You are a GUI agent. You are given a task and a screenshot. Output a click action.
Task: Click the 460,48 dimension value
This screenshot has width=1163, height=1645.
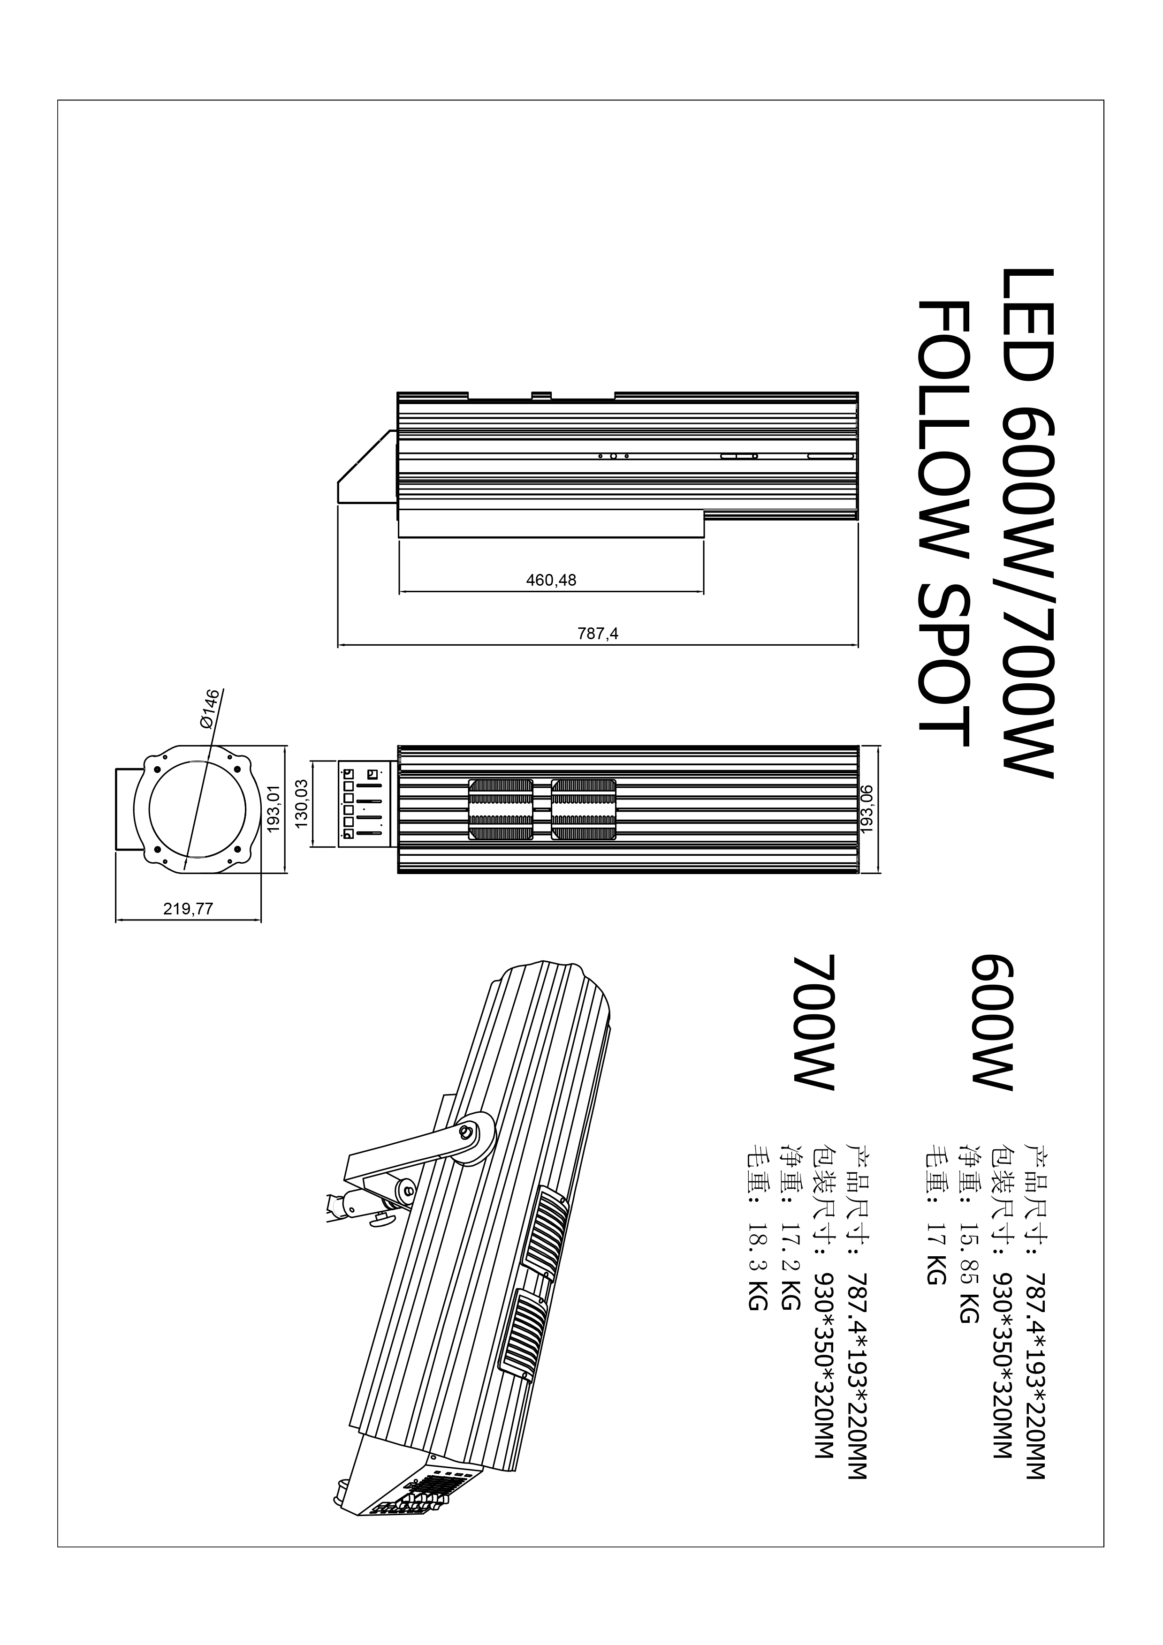point(551,581)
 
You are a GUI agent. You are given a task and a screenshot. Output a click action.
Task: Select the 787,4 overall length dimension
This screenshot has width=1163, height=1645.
point(598,634)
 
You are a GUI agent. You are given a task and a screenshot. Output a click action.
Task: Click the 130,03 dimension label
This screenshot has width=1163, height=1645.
point(302,804)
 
